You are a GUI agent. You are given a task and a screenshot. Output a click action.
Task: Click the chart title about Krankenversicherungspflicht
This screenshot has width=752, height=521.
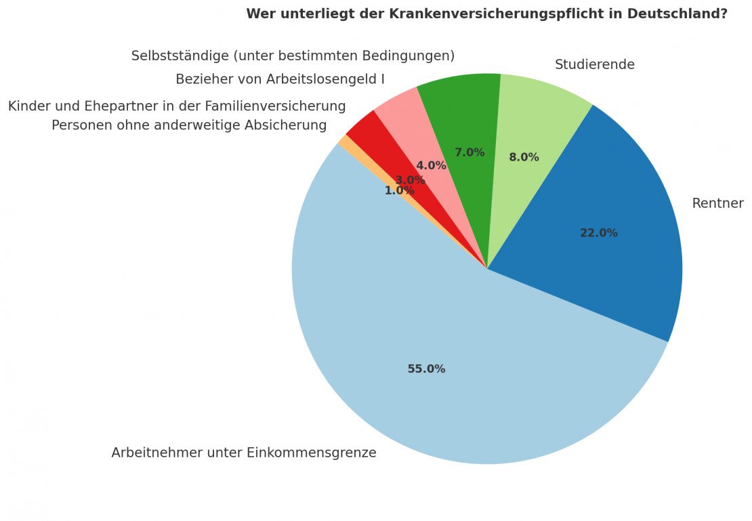pyautogui.click(x=486, y=14)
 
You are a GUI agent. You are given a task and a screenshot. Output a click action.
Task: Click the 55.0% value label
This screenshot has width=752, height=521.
pyautogui.click(x=426, y=369)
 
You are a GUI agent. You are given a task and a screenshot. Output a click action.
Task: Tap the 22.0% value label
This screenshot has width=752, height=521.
pyautogui.click(x=598, y=233)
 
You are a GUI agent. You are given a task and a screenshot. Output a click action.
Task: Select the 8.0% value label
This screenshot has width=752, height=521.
pyautogui.click(x=524, y=157)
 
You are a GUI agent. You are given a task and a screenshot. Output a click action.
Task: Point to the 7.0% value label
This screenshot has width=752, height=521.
pyautogui.click(x=469, y=152)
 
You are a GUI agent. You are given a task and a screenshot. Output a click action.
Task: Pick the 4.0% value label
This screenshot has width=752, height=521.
pyautogui.click(x=431, y=165)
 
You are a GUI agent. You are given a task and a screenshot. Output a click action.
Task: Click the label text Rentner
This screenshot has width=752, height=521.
pyautogui.click(x=717, y=204)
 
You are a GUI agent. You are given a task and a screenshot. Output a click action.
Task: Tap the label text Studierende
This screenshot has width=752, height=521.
pyautogui.click(x=594, y=65)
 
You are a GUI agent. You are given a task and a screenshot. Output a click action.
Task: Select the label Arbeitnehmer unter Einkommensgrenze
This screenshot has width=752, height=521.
pyautogui.click(x=243, y=453)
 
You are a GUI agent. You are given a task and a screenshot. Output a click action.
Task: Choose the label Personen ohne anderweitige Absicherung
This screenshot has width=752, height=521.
pyautogui.click(x=189, y=125)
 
